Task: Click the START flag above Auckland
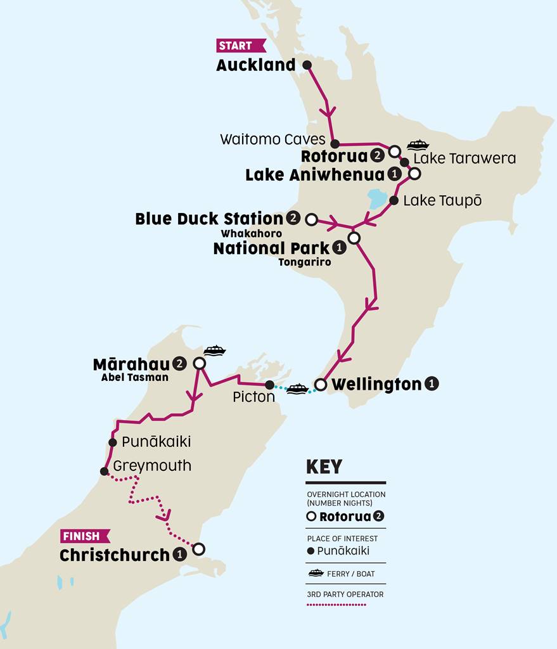click(240, 46)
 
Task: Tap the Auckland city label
click(256, 65)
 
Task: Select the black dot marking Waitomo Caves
click(335, 144)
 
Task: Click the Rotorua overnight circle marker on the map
click(394, 151)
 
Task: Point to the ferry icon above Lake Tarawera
click(418, 145)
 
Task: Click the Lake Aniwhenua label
click(315, 175)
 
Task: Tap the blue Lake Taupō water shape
click(378, 198)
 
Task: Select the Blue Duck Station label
click(209, 219)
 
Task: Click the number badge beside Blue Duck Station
click(293, 219)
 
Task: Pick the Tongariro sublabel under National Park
click(304, 262)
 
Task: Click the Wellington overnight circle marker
click(321, 385)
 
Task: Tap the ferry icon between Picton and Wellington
click(297, 389)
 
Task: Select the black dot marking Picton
click(269, 385)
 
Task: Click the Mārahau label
click(131, 364)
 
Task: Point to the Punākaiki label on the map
click(156, 441)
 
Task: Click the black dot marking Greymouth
click(104, 471)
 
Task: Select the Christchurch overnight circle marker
click(198, 548)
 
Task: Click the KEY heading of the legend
click(324, 467)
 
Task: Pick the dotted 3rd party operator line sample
click(336, 605)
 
